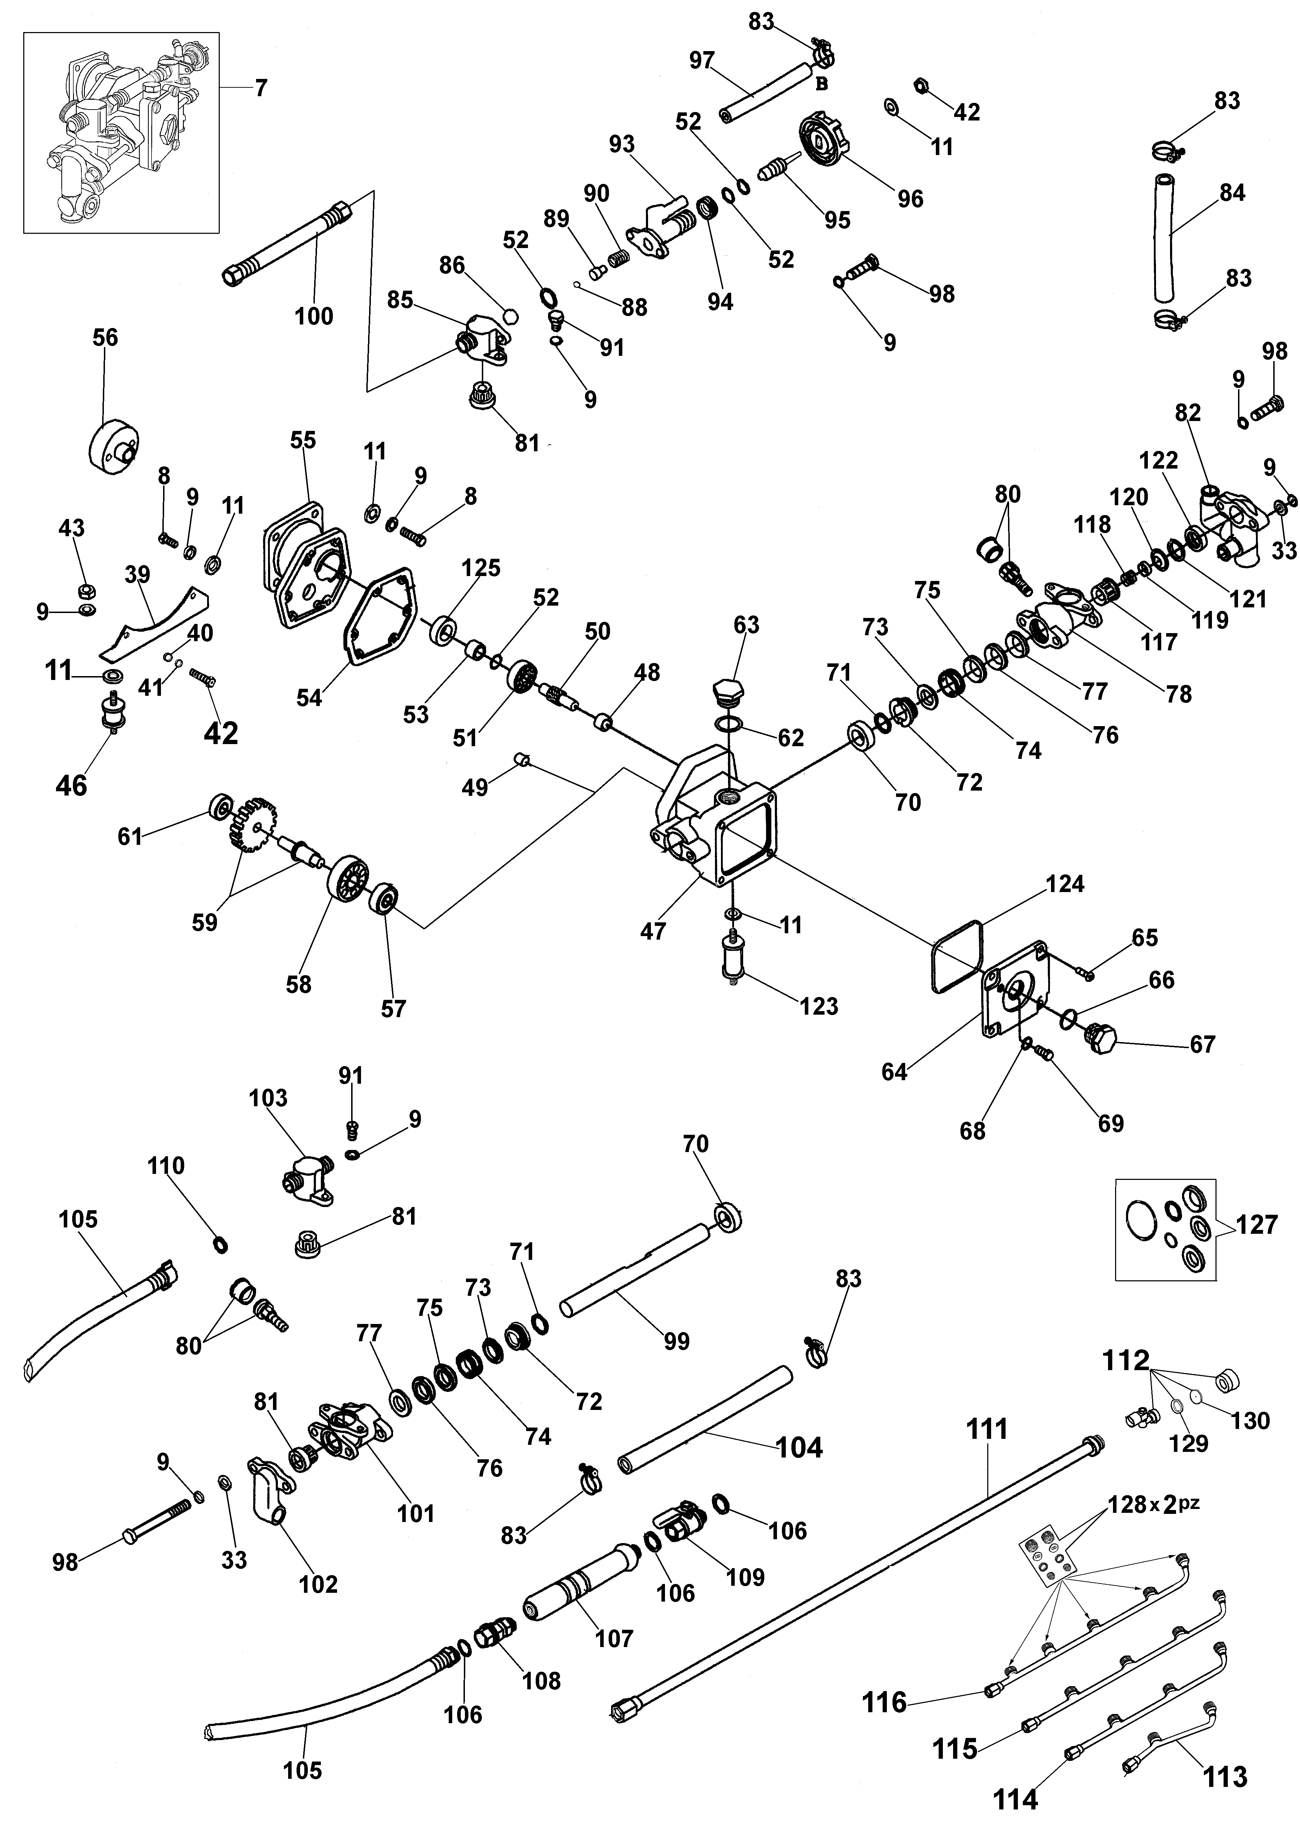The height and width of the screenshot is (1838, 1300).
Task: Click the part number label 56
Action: tap(105, 338)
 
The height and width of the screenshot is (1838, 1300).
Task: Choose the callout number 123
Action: tap(818, 1006)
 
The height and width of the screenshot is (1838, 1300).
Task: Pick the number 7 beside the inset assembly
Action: tap(261, 88)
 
